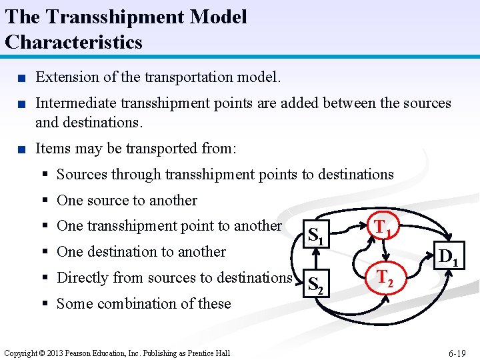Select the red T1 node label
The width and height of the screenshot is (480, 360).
pyautogui.click(x=382, y=228)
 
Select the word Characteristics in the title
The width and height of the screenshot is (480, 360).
pyautogui.click(x=73, y=42)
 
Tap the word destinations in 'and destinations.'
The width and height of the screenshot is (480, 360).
pyautogui.click(x=102, y=123)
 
